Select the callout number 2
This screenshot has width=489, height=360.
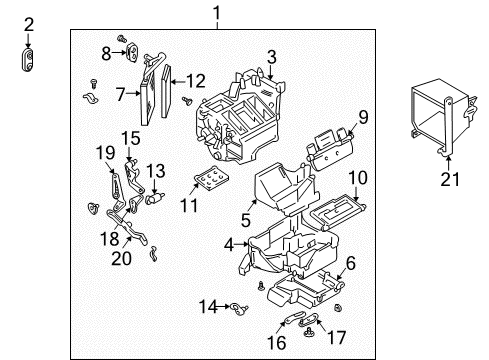coord(29,24)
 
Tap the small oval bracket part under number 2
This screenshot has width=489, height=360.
coord(29,60)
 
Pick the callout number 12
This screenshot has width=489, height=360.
coord(195,80)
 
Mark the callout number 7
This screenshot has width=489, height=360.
coord(120,95)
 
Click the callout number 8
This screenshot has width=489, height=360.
coord(107,52)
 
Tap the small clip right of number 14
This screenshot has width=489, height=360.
coord(236,307)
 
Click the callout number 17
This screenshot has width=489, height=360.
coord(338,338)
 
